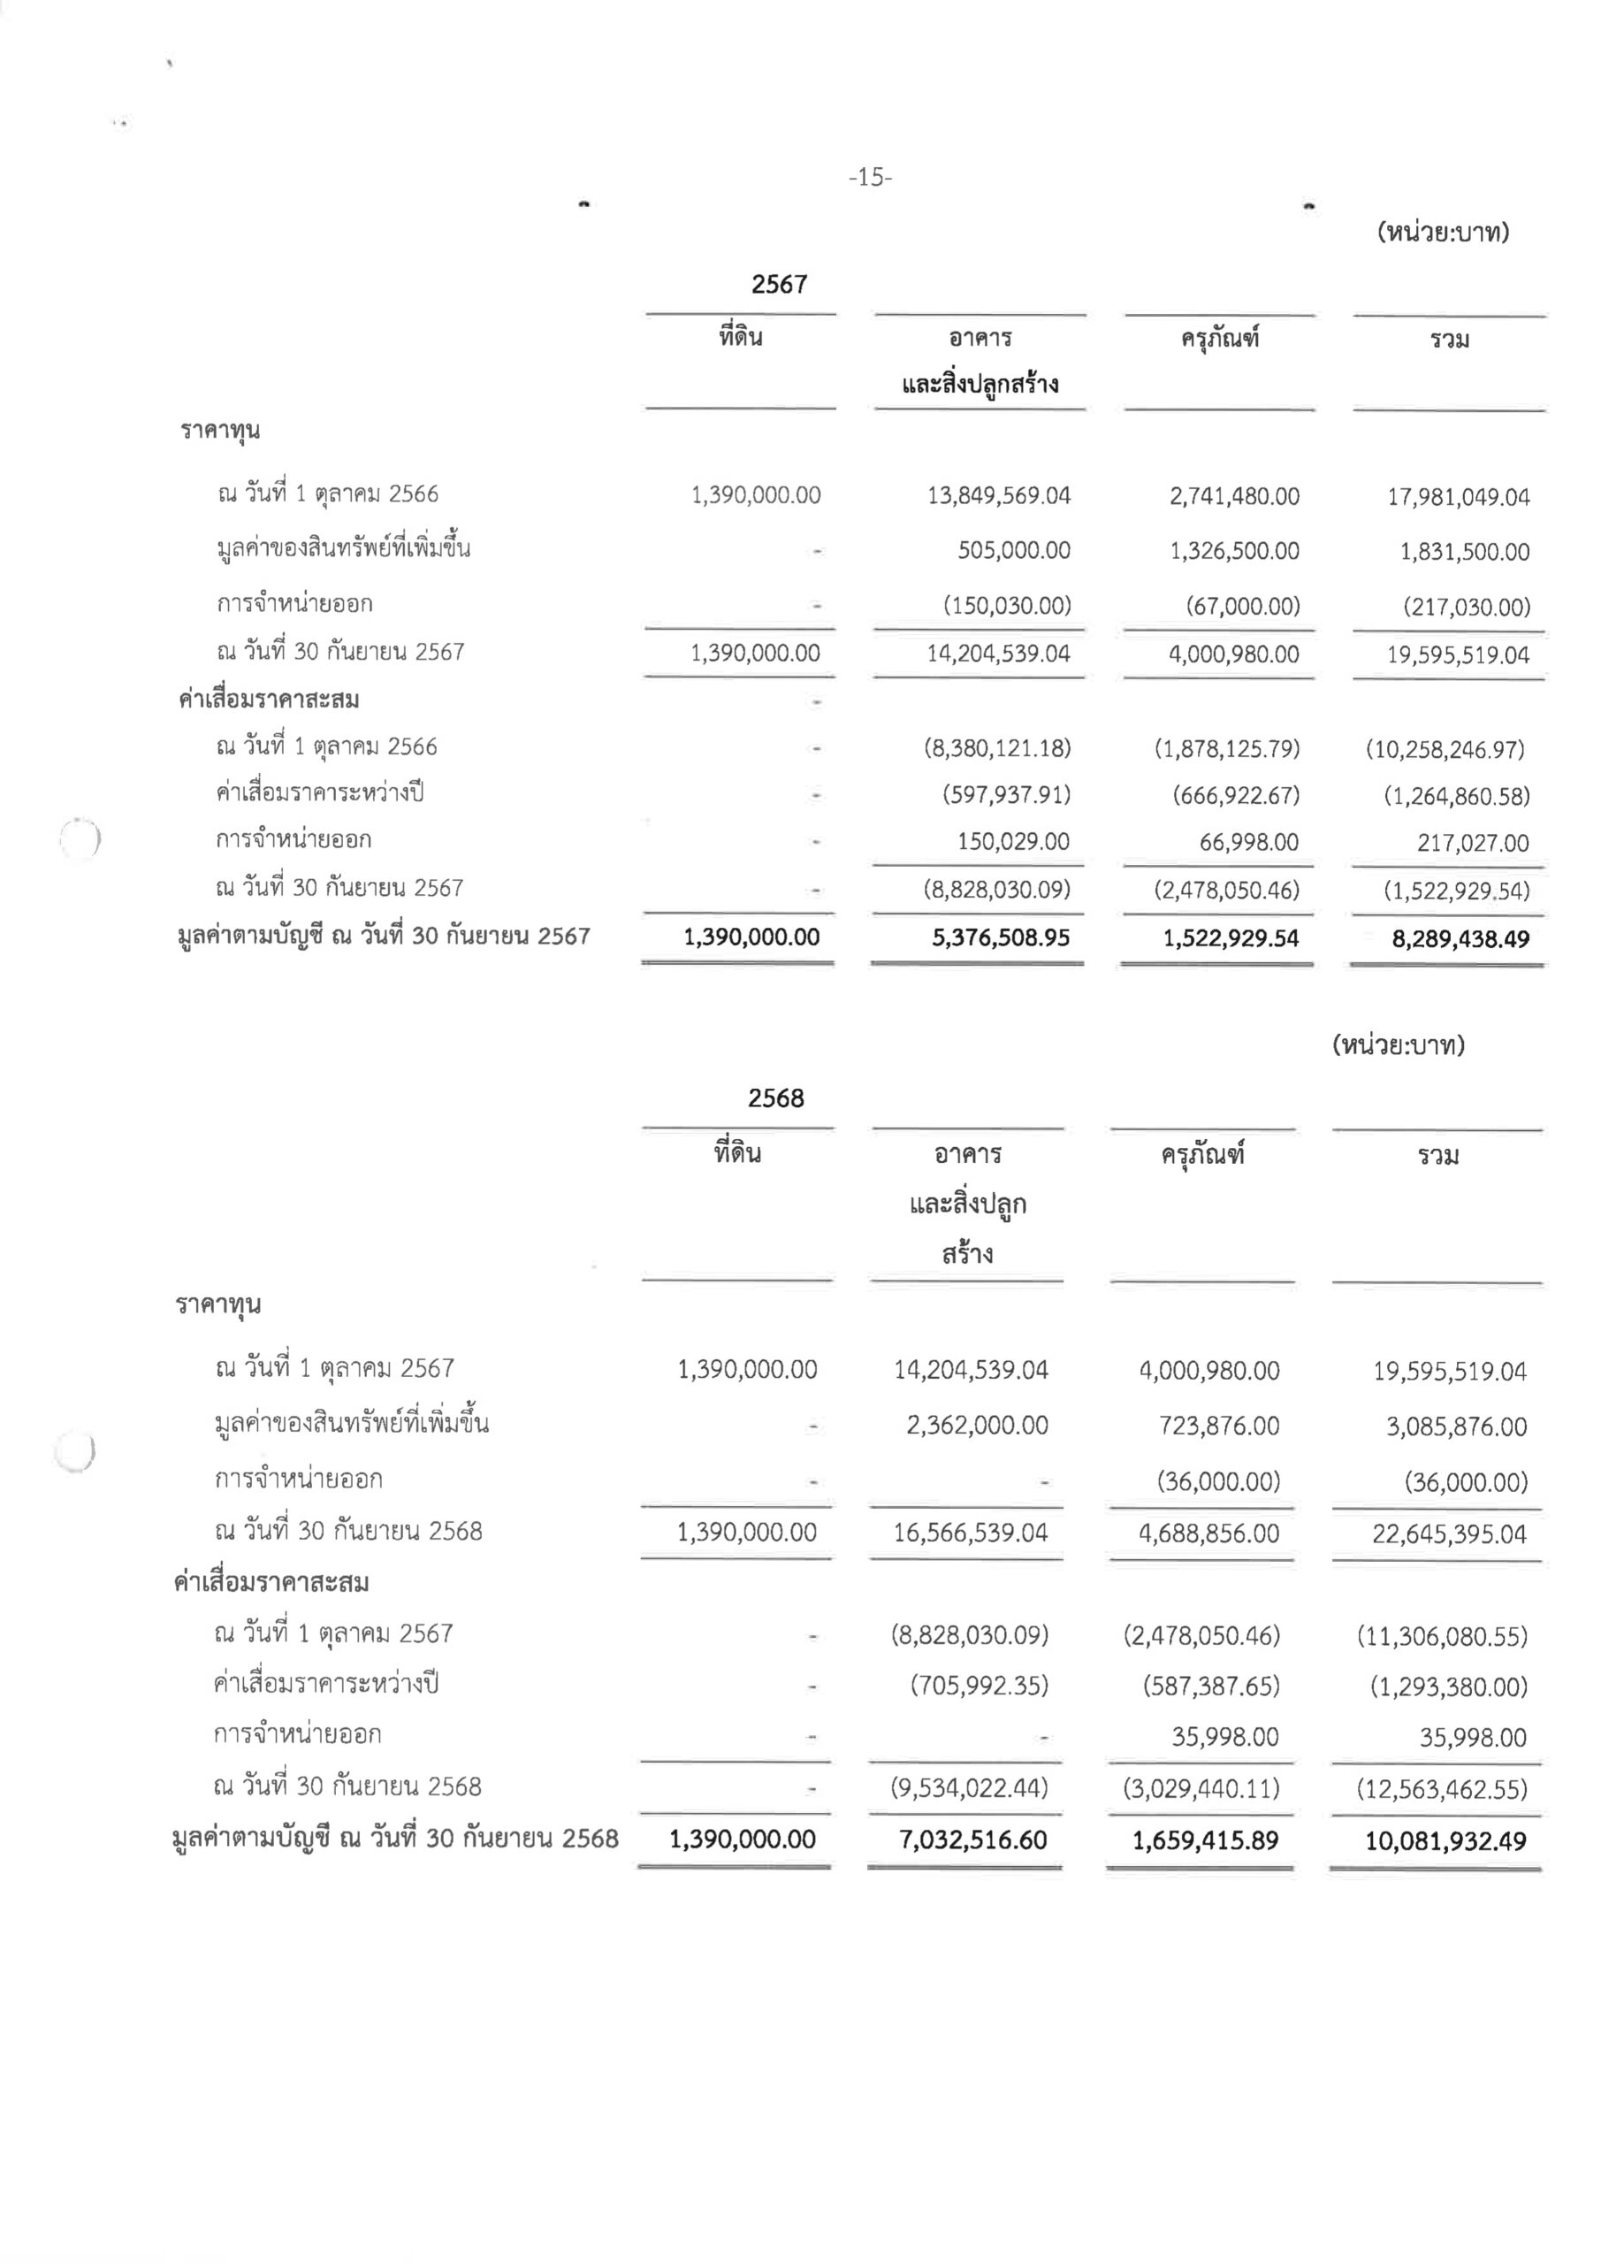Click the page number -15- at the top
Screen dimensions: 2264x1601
pos(870,178)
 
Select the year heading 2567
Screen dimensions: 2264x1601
pos(779,285)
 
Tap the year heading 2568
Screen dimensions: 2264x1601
pos(776,1098)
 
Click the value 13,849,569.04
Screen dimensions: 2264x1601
pos(998,496)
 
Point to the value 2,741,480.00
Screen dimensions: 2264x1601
pos(1234,497)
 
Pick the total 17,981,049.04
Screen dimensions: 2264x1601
pos(1458,498)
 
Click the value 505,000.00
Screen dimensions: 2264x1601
pos(1013,550)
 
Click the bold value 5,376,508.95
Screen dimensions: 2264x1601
pos(1001,937)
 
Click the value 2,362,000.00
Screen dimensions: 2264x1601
pos(977,1425)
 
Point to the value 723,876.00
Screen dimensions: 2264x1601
pos(1218,1426)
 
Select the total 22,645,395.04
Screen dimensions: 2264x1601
pos(1449,1534)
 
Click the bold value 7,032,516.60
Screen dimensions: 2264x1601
pos(973,1840)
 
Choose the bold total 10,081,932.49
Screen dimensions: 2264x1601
pos(1445,1841)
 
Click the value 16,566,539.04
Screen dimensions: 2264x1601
pos(970,1534)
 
